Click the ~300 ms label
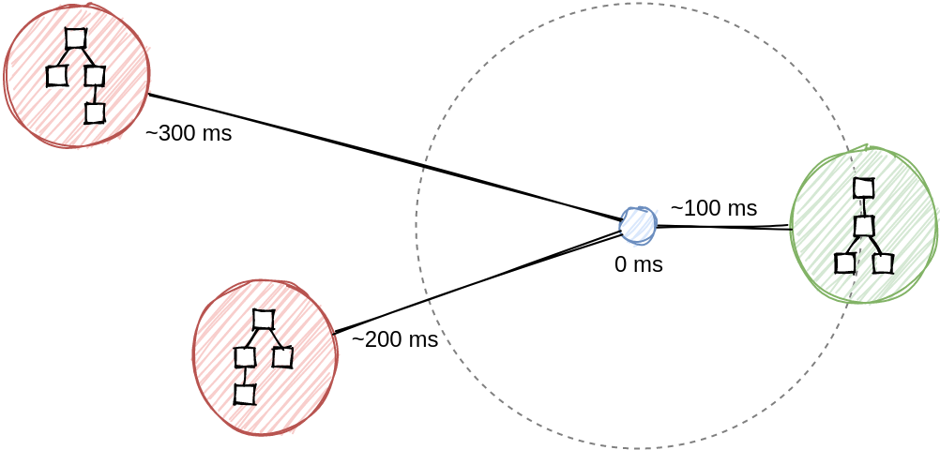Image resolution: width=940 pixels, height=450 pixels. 189,133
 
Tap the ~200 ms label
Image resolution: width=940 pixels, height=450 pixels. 395,339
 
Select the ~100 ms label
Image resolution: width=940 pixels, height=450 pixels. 713,208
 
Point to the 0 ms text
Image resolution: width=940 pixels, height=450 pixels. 638,264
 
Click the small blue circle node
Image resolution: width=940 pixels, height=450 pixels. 638,225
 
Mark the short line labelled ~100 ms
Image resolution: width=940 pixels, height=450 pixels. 722,227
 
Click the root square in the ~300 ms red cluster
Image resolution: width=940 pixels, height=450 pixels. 76,38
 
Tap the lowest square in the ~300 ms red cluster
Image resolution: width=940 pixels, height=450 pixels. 94,113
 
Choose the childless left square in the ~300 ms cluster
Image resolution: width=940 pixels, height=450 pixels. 57,76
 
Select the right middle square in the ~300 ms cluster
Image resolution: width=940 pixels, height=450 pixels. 94,76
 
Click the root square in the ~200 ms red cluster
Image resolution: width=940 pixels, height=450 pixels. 264,320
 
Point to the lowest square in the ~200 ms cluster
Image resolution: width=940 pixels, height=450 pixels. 245,395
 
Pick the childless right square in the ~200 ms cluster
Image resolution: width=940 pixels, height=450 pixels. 282,357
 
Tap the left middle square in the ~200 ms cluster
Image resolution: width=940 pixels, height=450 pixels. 245,357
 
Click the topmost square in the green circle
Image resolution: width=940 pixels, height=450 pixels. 864,188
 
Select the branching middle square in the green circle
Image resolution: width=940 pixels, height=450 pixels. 864,226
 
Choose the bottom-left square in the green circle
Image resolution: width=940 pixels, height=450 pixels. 845,263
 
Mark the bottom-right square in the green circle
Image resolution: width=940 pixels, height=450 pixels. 883,263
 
